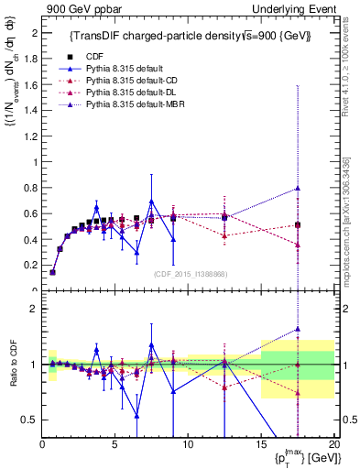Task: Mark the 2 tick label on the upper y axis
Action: [35, 33]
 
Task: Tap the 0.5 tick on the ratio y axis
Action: [30, 420]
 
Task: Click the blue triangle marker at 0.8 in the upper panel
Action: [298, 189]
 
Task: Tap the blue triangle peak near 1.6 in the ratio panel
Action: [298, 330]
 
